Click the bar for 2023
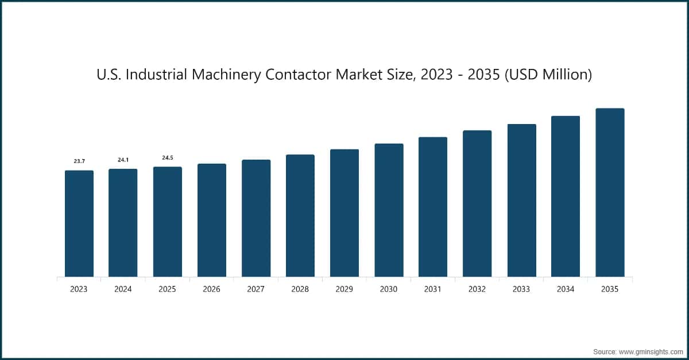tap(79, 224)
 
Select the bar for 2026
tap(212, 220)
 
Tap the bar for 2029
tap(344, 213)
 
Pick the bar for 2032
tap(477, 204)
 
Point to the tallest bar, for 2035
tap(610, 192)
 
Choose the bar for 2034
tap(566, 196)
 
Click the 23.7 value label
tap(79, 161)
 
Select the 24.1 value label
tap(123, 160)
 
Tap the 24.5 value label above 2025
tap(168, 157)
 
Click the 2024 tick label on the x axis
tap(123, 289)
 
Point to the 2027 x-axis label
tap(256, 289)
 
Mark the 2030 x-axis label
tap(389, 289)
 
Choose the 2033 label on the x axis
tap(521, 289)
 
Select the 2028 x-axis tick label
tap(300, 289)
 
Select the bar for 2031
tap(433, 207)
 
